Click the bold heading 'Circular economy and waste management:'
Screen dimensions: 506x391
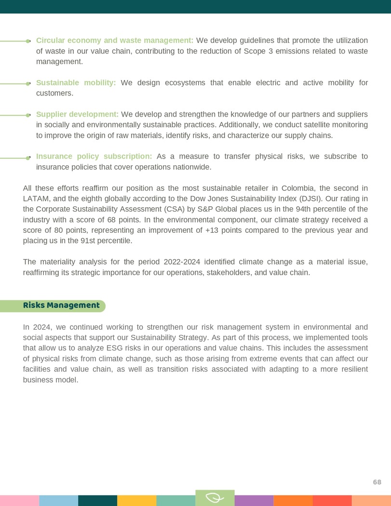pyautogui.click(x=115, y=40)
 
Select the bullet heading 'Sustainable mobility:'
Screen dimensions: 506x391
pyautogui.click(x=76, y=83)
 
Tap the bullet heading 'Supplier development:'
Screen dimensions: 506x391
pyautogui.click(x=77, y=114)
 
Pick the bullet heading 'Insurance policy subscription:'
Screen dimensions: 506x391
pyautogui.click(x=94, y=156)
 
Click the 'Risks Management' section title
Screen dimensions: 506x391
pyautogui.click(x=61, y=306)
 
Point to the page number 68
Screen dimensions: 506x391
pyautogui.click(x=377, y=482)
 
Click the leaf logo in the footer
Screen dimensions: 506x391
pyautogui.click(x=215, y=498)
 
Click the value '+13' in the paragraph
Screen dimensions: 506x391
pyautogui.click(x=211, y=230)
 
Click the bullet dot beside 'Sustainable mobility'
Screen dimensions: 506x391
pyautogui.click(x=28, y=83)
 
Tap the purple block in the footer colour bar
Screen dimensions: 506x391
pyautogui.click(x=254, y=501)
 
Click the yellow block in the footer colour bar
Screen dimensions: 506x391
pyautogui.click(x=136, y=501)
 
